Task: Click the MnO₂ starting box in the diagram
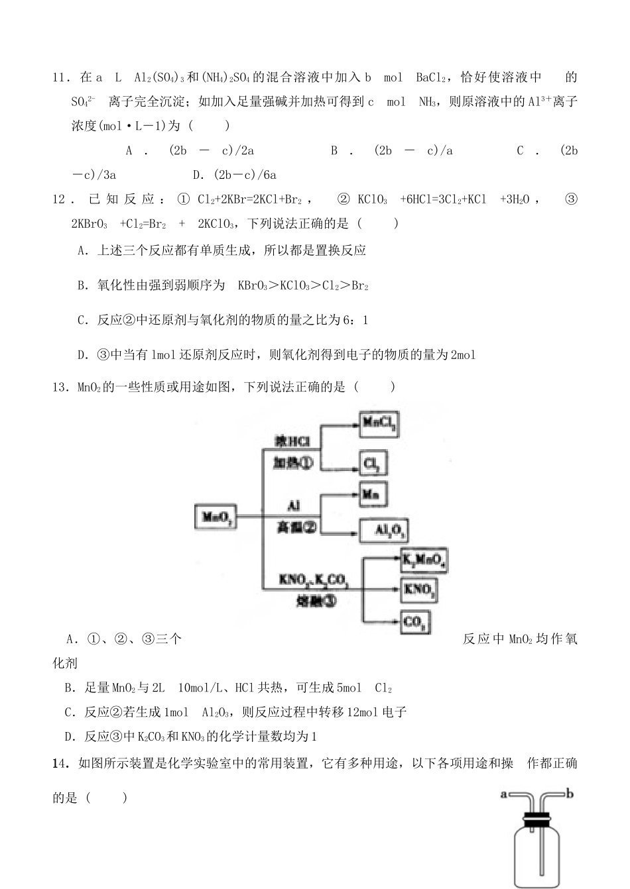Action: click(216, 517)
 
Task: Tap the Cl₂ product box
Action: click(373, 464)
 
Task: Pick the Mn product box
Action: click(373, 494)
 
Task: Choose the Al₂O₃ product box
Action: click(383, 530)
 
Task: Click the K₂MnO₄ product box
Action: click(424, 561)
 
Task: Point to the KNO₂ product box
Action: click(420, 588)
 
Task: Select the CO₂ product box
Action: click(416, 621)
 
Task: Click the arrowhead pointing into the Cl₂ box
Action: click(355, 464)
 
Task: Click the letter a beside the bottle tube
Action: click(503, 793)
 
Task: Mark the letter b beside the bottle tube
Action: click(570, 792)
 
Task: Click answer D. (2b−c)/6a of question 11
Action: click(234, 175)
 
